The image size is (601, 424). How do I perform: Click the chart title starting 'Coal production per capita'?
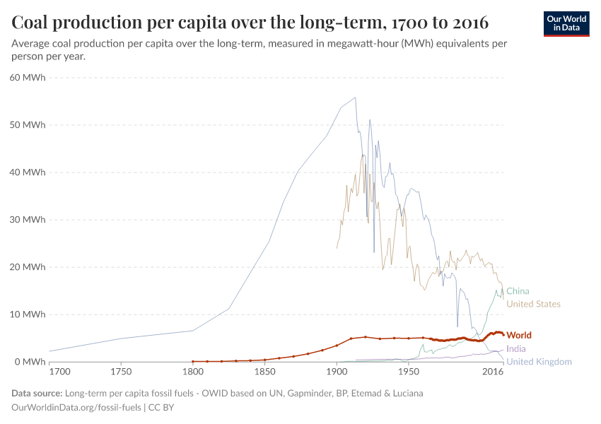(x=250, y=22)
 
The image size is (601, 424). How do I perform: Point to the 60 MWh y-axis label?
(x=27, y=78)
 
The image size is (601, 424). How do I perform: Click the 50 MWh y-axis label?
(x=27, y=125)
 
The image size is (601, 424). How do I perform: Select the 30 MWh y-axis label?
(x=27, y=220)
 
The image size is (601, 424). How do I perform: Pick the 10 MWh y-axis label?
(x=27, y=314)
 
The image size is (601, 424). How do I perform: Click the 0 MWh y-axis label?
(x=30, y=362)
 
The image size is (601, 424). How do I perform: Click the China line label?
(x=518, y=291)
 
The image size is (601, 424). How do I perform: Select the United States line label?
(x=533, y=305)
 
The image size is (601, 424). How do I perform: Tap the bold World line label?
(x=519, y=335)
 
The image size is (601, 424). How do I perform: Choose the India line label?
(x=516, y=348)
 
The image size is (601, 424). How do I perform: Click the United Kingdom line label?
(x=539, y=362)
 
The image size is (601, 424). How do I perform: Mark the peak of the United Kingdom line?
(x=355, y=98)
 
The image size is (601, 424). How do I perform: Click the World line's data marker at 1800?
(x=192, y=361)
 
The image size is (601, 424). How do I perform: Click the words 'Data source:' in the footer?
(x=36, y=393)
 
